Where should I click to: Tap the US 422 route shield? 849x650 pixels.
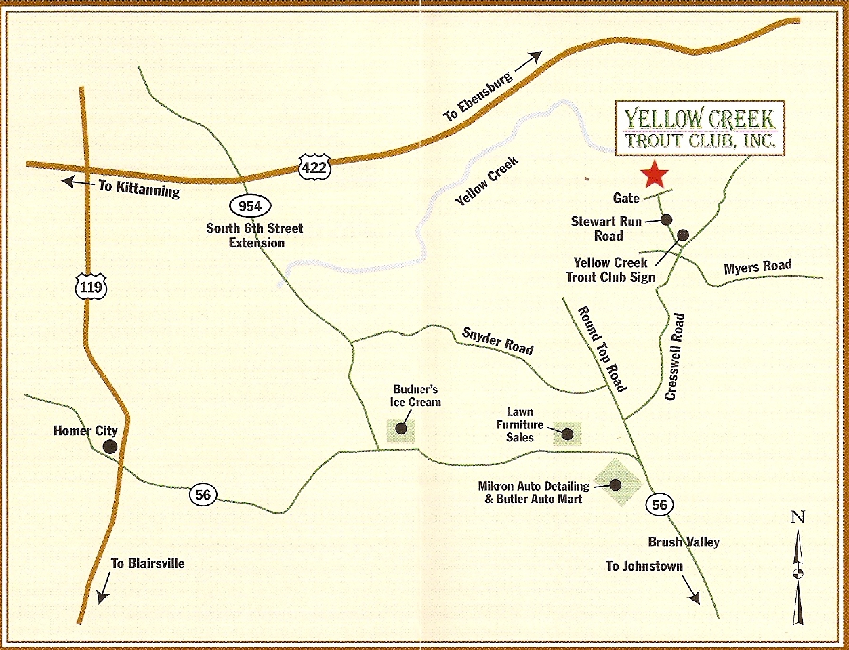click(314, 167)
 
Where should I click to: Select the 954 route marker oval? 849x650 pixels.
click(250, 205)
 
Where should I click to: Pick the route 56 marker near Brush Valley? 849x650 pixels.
click(659, 504)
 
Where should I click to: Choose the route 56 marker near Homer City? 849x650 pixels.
click(203, 495)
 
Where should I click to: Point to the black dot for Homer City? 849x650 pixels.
click(108, 446)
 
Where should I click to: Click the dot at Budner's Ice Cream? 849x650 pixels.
click(401, 428)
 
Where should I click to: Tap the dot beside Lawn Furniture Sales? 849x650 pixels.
click(567, 434)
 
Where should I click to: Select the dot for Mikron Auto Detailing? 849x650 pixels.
click(616, 485)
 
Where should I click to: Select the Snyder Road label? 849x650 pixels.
click(497, 341)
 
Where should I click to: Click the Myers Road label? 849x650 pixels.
click(758, 267)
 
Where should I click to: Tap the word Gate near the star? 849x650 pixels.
click(626, 198)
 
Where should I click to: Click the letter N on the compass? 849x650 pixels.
click(798, 517)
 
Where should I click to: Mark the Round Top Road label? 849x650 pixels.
click(602, 348)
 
